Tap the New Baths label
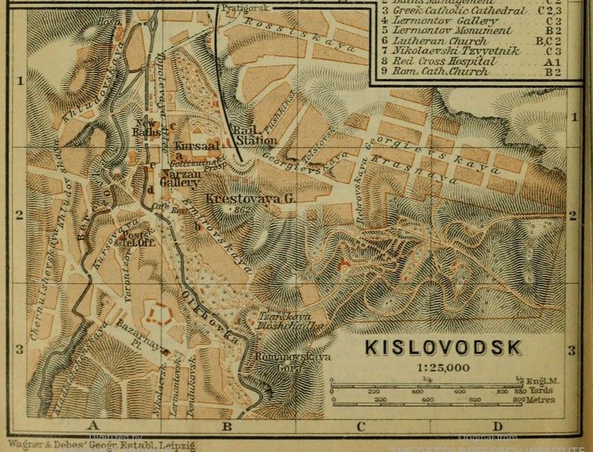(x=148, y=127)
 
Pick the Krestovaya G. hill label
(x=240, y=199)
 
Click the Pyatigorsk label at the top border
(x=239, y=7)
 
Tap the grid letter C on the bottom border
(x=362, y=425)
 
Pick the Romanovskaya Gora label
(x=276, y=360)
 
